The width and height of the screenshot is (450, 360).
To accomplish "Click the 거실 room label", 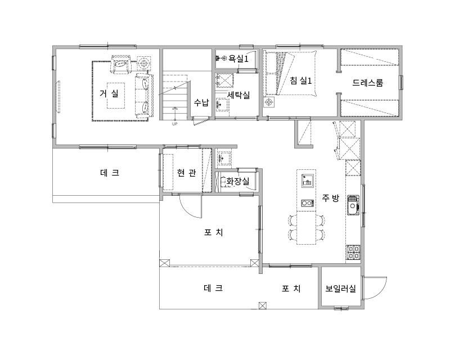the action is tap(109, 93).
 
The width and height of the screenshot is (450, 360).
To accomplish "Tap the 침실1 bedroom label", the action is tap(301, 80).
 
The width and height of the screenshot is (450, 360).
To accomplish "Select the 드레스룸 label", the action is tap(368, 83).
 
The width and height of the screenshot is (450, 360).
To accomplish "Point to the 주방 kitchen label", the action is tap(331, 198).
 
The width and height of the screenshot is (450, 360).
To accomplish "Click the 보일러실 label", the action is tap(341, 289).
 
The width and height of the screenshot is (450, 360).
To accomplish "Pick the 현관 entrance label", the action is tap(187, 173).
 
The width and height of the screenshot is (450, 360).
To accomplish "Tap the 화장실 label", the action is tap(238, 181).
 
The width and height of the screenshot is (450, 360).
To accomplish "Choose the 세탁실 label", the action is tap(238, 95).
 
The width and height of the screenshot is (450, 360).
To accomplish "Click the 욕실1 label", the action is tap(238, 59).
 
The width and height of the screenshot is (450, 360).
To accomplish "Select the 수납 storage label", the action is tap(201, 102).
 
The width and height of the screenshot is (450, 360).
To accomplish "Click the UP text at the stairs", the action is tap(174, 124).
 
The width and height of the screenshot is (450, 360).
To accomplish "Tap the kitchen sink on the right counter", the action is tap(353, 205).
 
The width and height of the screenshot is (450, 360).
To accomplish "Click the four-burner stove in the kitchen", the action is tap(353, 253).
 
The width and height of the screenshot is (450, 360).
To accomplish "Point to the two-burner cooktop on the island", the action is tap(307, 203).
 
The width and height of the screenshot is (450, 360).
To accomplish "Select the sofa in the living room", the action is tap(144, 96).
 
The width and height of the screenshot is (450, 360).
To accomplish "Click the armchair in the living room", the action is tap(121, 64).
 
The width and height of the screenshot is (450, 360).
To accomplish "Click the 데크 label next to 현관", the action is tap(110, 173).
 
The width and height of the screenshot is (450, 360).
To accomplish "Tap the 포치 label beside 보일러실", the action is tap(291, 289).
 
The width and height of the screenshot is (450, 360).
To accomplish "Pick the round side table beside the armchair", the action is tap(143, 63).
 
